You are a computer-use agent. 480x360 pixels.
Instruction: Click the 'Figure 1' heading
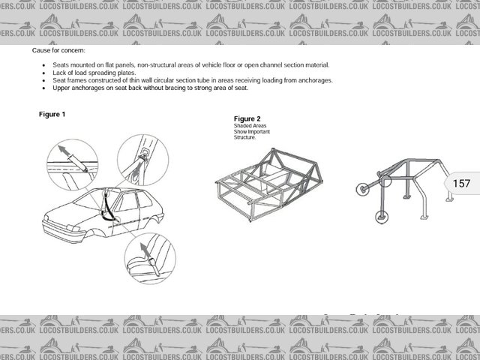[52, 114]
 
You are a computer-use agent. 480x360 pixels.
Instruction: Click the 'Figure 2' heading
[247, 118]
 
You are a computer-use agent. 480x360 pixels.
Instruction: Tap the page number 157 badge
[461, 183]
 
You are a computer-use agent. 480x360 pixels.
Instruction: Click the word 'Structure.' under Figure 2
[245, 138]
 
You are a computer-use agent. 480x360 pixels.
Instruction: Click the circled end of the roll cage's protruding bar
[361, 190]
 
